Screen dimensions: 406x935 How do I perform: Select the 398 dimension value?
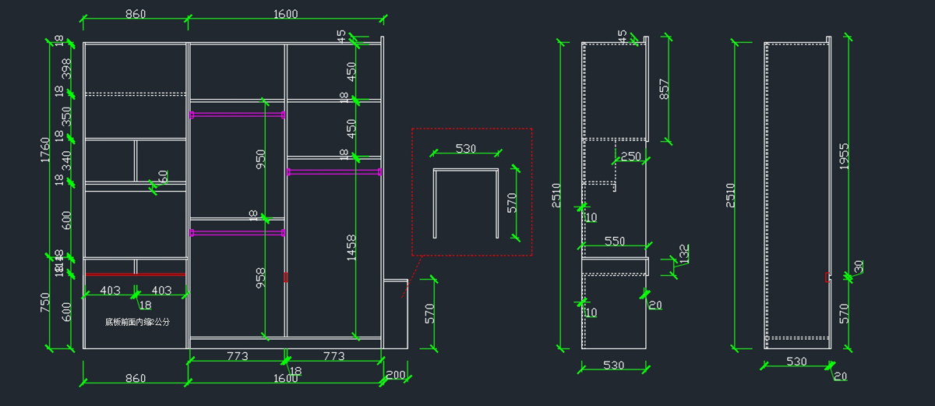pyautogui.click(x=67, y=68)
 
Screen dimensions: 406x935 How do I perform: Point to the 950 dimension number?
pyautogui.click(x=261, y=160)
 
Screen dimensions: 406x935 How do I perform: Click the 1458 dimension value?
pyautogui.click(x=351, y=248)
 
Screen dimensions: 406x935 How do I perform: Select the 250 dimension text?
pyautogui.click(x=630, y=157)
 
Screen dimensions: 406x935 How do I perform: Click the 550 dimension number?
pyautogui.click(x=615, y=242)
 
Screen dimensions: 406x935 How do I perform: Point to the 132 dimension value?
pyautogui.click(x=684, y=254)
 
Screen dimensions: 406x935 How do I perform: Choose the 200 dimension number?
pyautogui.click(x=395, y=375)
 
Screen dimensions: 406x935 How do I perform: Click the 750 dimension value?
pyautogui.click(x=45, y=302)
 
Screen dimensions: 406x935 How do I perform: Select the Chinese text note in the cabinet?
pyautogui.click(x=137, y=322)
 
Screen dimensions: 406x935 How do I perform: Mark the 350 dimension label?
pyautogui.click(x=67, y=117)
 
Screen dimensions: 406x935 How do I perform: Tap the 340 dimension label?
pyautogui.click(x=67, y=161)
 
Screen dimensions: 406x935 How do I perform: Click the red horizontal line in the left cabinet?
pyautogui.click(x=136, y=274)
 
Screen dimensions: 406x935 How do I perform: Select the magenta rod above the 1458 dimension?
pyautogui.click(x=334, y=171)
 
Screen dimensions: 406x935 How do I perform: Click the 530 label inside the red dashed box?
pyautogui.click(x=465, y=149)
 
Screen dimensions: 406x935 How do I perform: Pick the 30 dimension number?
pyautogui.click(x=859, y=267)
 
